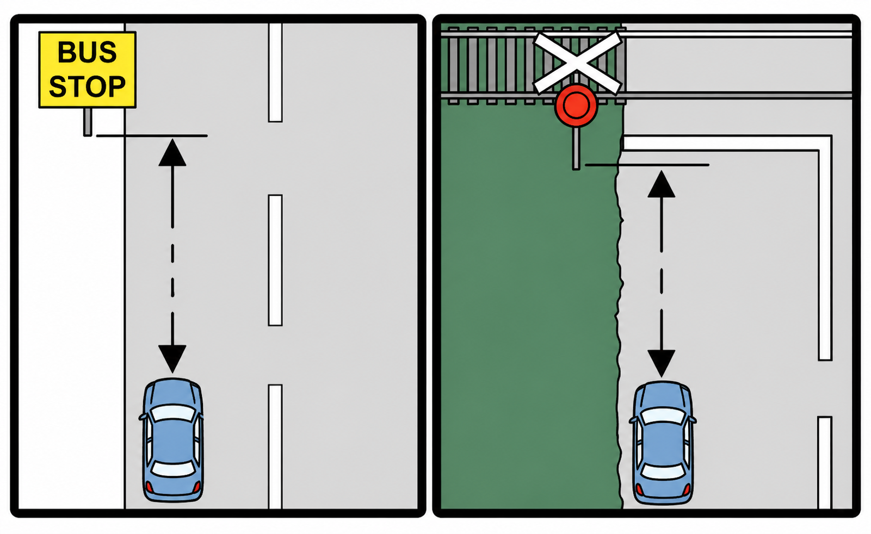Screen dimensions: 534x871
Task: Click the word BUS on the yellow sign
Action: [x=87, y=52]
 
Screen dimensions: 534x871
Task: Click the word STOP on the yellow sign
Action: [x=87, y=87]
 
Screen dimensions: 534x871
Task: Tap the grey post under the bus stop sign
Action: [x=88, y=122]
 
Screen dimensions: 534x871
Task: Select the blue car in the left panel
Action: [x=173, y=439]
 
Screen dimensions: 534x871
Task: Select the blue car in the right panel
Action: [x=663, y=442]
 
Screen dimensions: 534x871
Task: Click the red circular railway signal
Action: [x=576, y=105]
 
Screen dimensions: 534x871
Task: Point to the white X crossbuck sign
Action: [x=577, y=62]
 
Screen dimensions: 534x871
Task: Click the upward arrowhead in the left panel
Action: [x=172, y=153]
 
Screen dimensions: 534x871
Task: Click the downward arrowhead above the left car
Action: [x=172, y=358]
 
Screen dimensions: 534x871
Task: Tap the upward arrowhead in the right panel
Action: [x=662, y=184]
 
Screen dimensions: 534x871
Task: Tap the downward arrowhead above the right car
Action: [x=662, y=363]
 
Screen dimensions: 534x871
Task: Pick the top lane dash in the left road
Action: [x=275, y=72]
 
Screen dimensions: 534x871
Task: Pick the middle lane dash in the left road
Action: [x=275, y=260]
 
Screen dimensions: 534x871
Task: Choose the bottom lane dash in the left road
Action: [x=275, y=446]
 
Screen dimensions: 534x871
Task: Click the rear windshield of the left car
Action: [x=172, y=468]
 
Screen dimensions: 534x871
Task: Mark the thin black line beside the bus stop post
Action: [x=152, y=135]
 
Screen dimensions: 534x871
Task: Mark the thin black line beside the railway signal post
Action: [x=647, y=164]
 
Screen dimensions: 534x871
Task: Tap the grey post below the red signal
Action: [x=576, y=148]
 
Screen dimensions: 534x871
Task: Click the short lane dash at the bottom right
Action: [x=825, y=462]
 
